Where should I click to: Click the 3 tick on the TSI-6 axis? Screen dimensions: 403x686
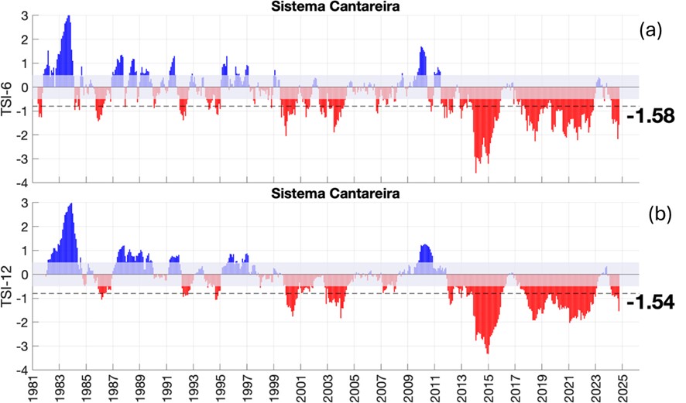tap(25, 15)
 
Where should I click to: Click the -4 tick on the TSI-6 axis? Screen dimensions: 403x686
tap(23, 183)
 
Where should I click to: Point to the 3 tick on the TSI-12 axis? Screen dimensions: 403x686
tap(25, 203)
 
